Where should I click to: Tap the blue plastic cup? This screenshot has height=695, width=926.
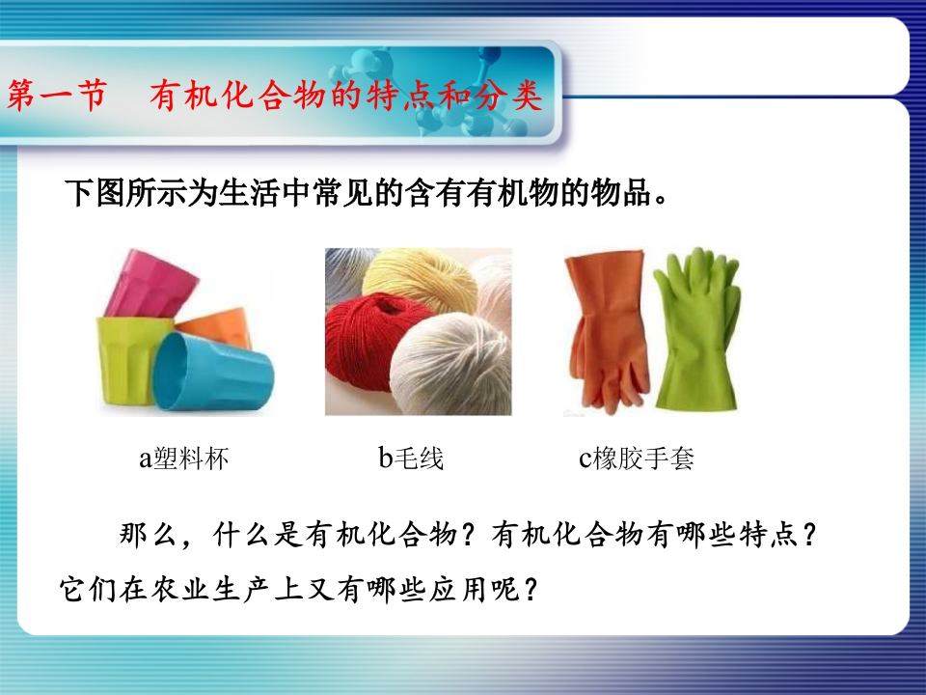pos(212,373)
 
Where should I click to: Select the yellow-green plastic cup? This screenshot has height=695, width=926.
pos(128,360)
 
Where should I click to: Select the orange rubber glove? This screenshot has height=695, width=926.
pos(607,331)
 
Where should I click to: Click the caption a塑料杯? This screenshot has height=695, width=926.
pos(183,458)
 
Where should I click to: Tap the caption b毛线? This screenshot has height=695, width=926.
pos(411,458)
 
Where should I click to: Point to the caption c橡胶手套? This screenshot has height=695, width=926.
pos(636,458)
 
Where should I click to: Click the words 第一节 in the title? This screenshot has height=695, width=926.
pos(57,95)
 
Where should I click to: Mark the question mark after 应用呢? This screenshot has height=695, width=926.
pos(531,589)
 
